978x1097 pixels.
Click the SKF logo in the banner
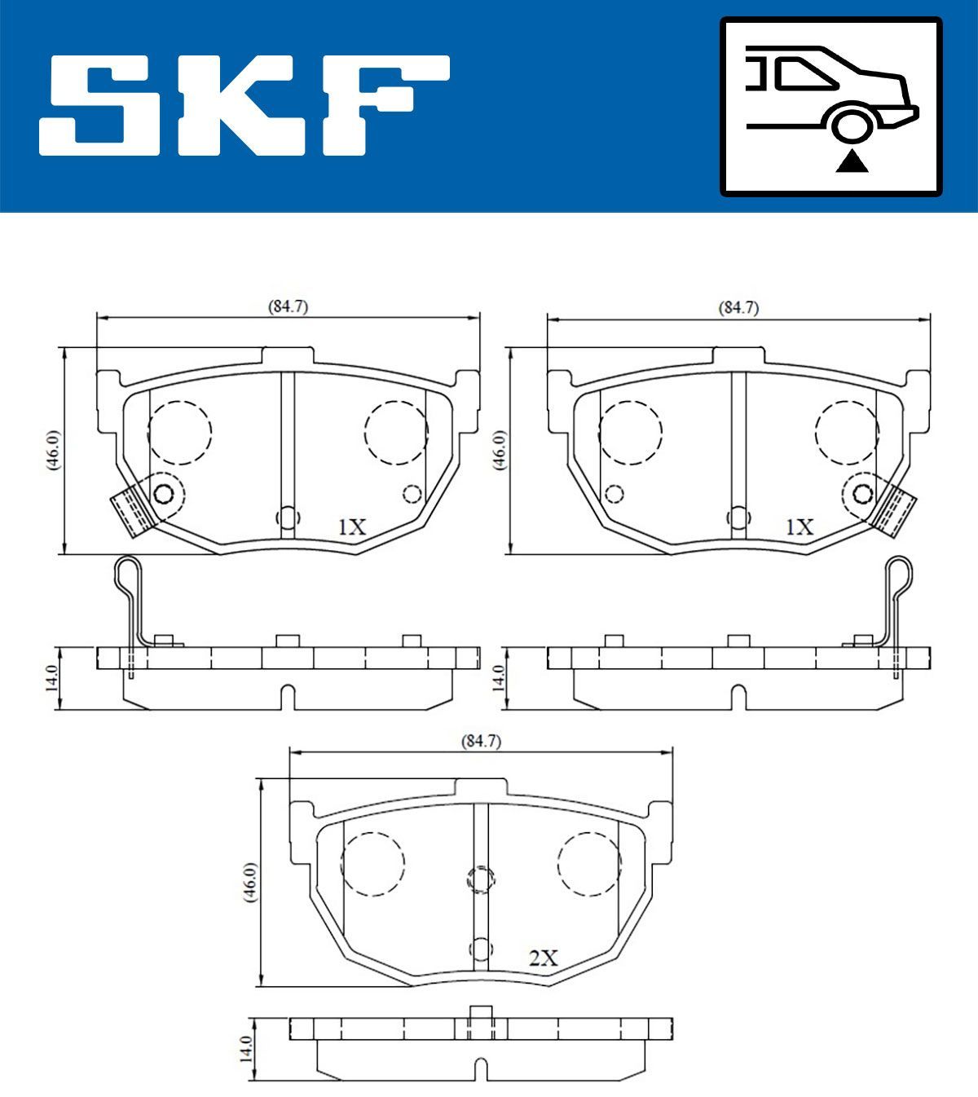(x=244, y=105)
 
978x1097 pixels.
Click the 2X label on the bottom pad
(x=543, y=958)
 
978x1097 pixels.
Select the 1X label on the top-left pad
(x=352, y=527)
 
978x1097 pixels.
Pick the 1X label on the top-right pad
(x=800, y=527)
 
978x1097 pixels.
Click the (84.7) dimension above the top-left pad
(x=288, y=307)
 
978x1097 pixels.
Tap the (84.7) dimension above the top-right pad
(x=738, y=308)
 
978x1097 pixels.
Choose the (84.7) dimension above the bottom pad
(x=481, y=742)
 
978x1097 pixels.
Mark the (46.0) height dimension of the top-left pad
(x=52, y=450)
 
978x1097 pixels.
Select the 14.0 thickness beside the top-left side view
(x=52, y=678)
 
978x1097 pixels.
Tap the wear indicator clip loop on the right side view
(x=899, y=574)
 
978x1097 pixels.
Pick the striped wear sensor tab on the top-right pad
(x=896, y=508)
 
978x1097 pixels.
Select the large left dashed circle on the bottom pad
(x=372, y=864)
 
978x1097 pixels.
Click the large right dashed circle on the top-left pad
(x=396, y=432)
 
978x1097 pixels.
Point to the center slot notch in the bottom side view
(x=481, y=1068)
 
